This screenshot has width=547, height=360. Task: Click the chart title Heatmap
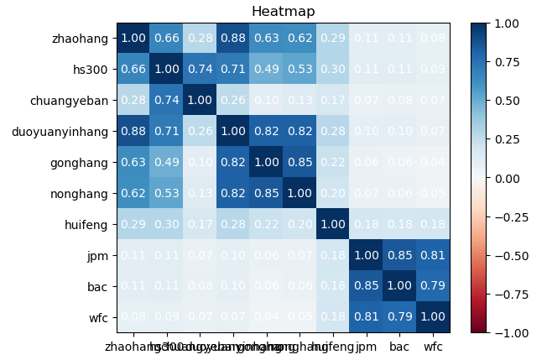tap(284, 12)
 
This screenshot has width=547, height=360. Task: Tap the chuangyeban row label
tap(74, 101)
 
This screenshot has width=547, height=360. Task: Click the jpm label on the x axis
tap(367, 345)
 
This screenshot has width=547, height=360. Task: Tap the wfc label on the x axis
tap(433, 345)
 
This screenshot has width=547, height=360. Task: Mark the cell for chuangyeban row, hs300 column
tap(165, 101)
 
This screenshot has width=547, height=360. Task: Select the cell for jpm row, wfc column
tap(433, 256)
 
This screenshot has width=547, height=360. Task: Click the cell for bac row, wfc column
tap(433, 287)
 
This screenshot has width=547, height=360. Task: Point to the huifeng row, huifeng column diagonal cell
tap(333, 225)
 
